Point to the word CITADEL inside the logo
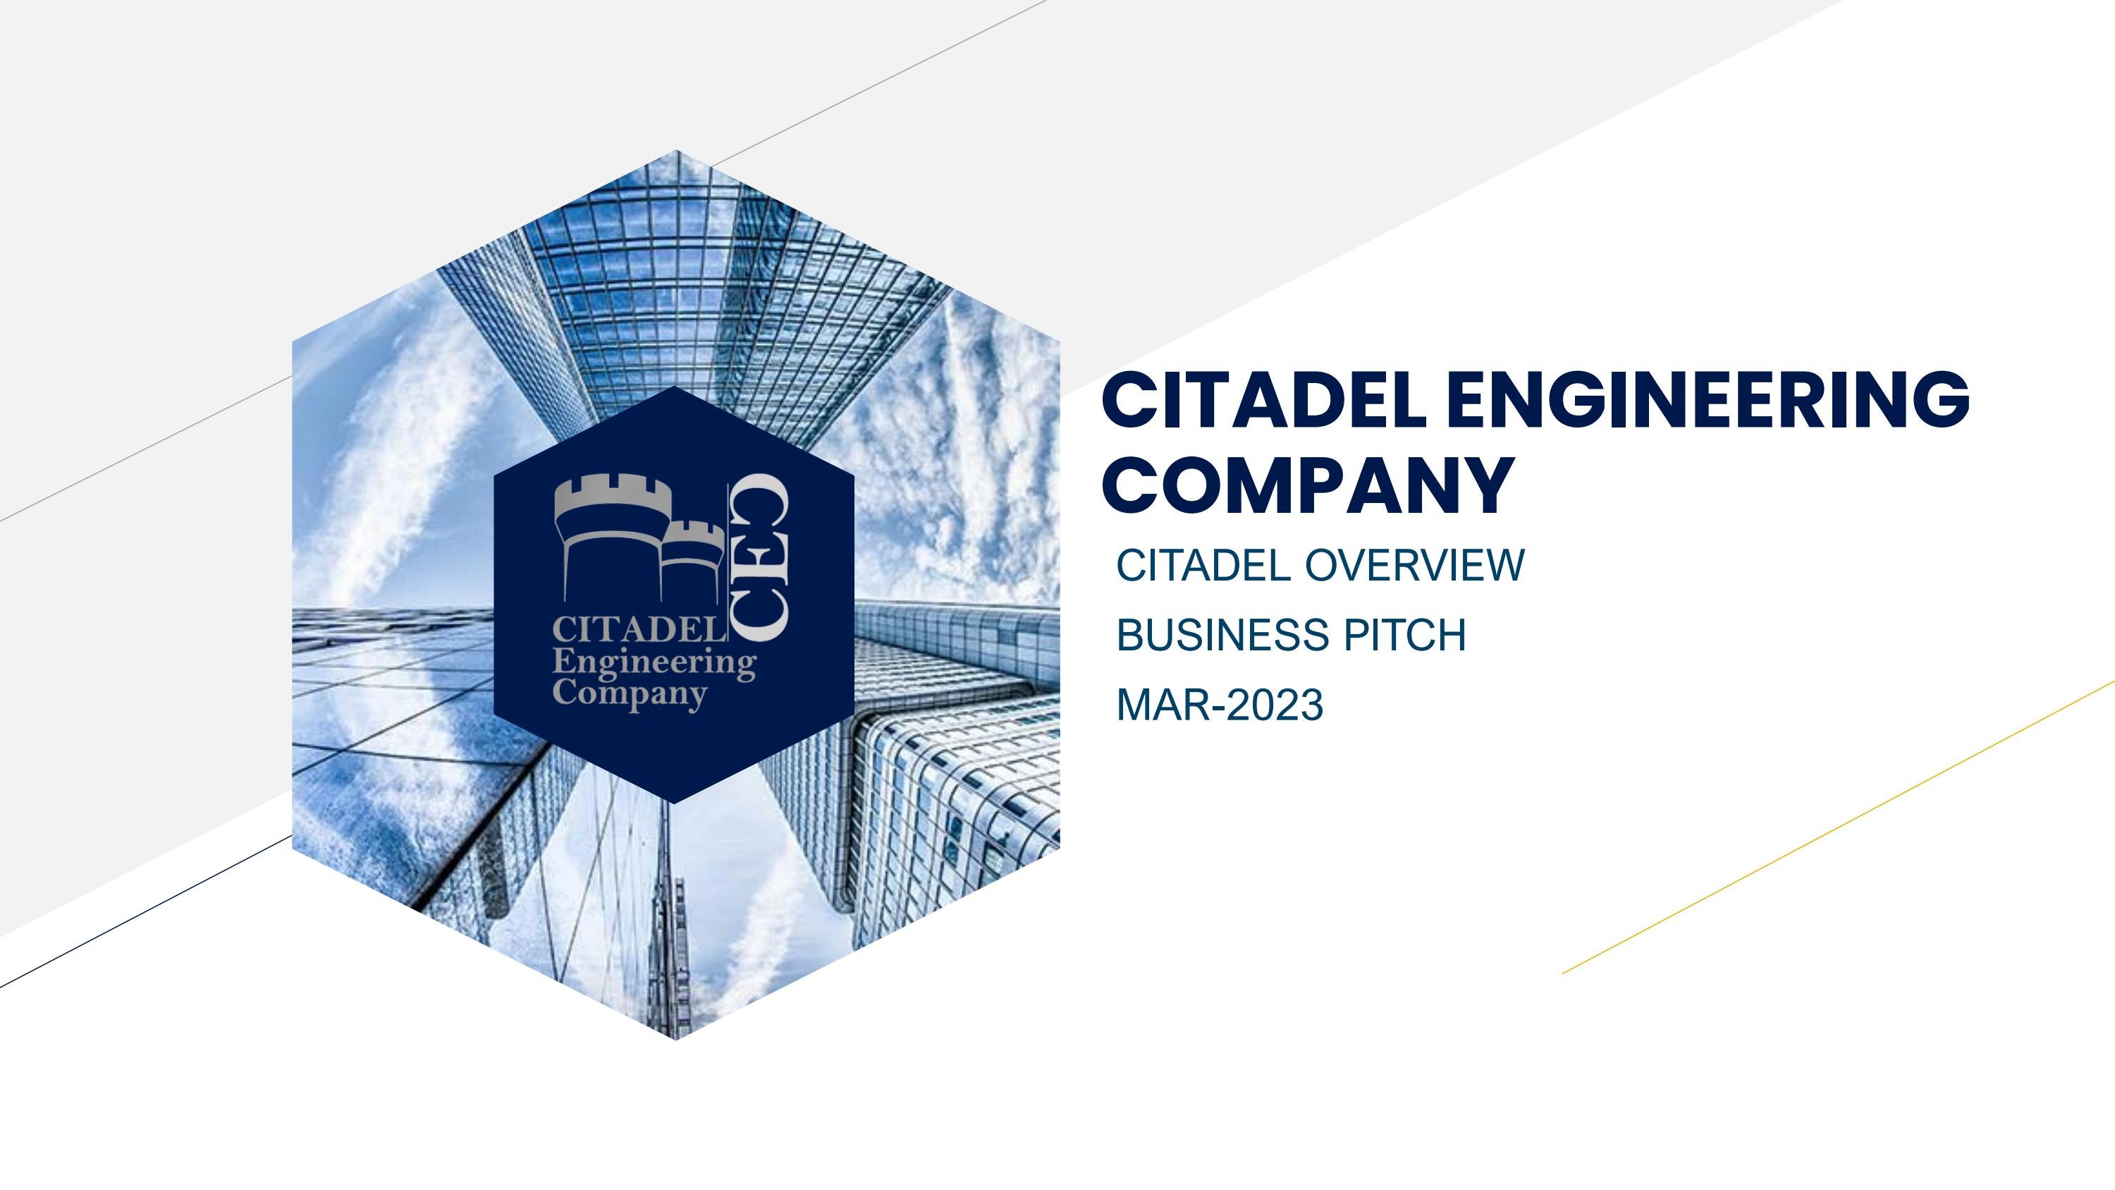click(x=638, y=631)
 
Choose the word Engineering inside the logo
click(x=654, y=663)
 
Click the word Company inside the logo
click(x=630, y=694)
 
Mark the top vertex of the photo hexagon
click(x=675, y=152)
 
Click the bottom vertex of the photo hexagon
click(x=675, y=1038)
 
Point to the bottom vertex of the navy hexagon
click(x=675, y=801)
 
